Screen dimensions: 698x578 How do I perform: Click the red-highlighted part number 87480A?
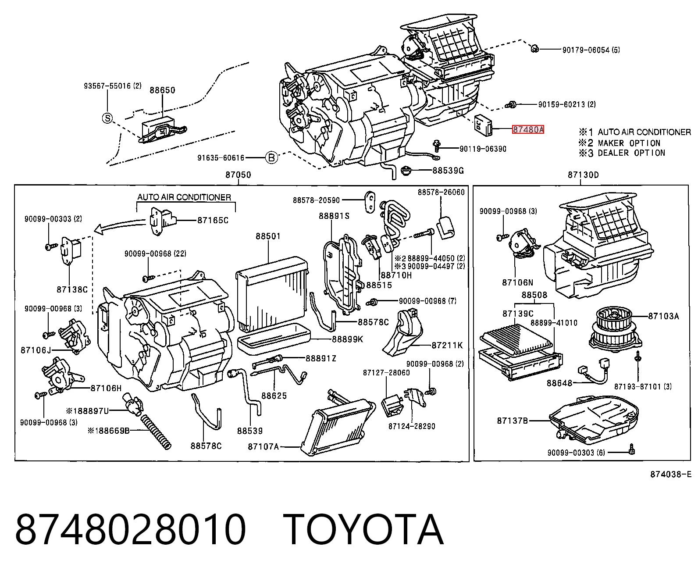click(x=528, y=129)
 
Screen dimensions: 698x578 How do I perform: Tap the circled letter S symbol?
click(x=107, y=118)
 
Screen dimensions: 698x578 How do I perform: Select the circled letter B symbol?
click(x=271, y=157)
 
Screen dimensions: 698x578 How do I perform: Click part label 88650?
click(x=162, y=90)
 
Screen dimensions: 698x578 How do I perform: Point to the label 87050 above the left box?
click(x=238, y=175)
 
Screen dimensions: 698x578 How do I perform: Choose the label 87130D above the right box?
click(x=583, y=175)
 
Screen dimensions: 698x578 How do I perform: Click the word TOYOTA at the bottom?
click(x=363, y=529)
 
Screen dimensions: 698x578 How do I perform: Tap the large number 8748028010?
click(x=131, y=529)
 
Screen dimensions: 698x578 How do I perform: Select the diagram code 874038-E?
click(x=670, y=474)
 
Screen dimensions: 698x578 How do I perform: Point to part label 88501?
click(x=268, y=236)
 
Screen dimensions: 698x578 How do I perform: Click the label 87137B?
click(x=512, y=421)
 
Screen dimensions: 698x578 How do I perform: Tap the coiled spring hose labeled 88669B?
click(x=156, y=432)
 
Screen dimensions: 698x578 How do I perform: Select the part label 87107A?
click(x=263, y=446)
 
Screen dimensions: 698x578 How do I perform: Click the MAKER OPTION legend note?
click(x=620, y=143)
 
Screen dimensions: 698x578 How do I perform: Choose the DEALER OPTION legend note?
click(x=622, y=153)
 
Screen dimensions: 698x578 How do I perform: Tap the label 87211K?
click(x=447, y=345)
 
